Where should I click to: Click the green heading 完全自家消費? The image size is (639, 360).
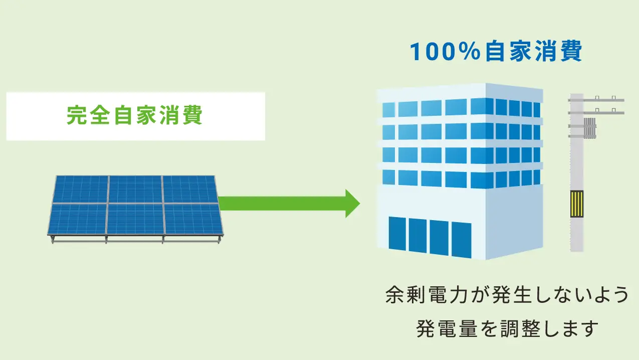134,115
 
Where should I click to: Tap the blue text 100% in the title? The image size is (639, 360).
445,52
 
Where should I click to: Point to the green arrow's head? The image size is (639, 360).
353,203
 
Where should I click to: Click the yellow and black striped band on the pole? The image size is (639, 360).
576,204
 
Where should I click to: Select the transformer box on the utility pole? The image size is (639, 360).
590,128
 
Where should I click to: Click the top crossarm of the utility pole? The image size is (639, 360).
596,100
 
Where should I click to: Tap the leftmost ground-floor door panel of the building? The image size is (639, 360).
397,233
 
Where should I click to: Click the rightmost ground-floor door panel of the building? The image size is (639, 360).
461,240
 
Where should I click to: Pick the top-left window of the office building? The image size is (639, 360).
388,110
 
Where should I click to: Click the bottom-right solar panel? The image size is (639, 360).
193,219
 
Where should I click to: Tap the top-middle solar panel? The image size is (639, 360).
135,189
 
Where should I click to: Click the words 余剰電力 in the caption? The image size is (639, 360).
427,295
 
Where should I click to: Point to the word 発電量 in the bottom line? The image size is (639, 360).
447,328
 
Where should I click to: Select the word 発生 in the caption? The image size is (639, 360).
512,295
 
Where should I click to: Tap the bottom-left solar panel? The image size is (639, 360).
78,219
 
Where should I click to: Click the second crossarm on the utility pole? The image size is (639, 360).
596,113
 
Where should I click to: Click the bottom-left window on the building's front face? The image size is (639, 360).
388,177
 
